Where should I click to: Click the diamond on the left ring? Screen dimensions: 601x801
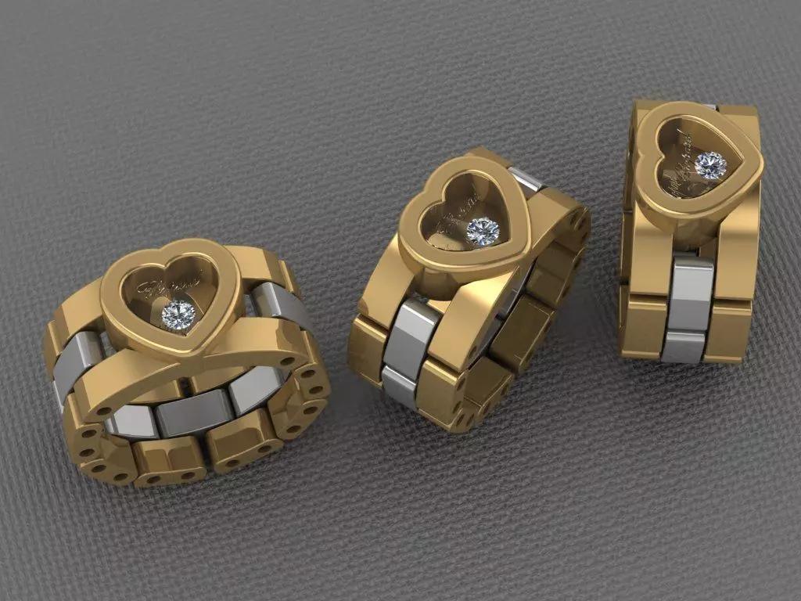coord(178,315)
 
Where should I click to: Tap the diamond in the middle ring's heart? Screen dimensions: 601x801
coord(483,231)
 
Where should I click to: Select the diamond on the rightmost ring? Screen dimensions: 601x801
coord(710,165)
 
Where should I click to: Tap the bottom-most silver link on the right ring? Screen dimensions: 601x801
coord(682,346)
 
